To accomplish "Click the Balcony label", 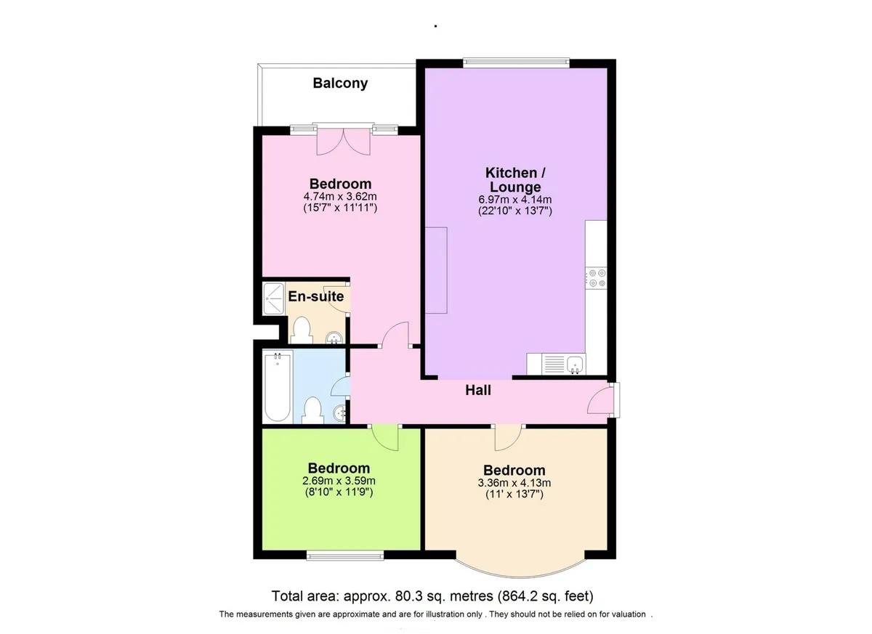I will (x=340, y=84).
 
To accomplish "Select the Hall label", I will (x=478, y=391).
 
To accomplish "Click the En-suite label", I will (x=316, y=296).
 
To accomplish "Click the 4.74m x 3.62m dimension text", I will (x=340, y=197).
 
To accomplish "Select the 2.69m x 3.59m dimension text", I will (x=339, y=481).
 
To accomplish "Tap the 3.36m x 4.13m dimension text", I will (x=514, y=483).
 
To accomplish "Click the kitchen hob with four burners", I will (x=597, y=277).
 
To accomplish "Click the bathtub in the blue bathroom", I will (x=278, y=386).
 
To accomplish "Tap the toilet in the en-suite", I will (x=300, y=330).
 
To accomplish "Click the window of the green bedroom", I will (x=344, y=556).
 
